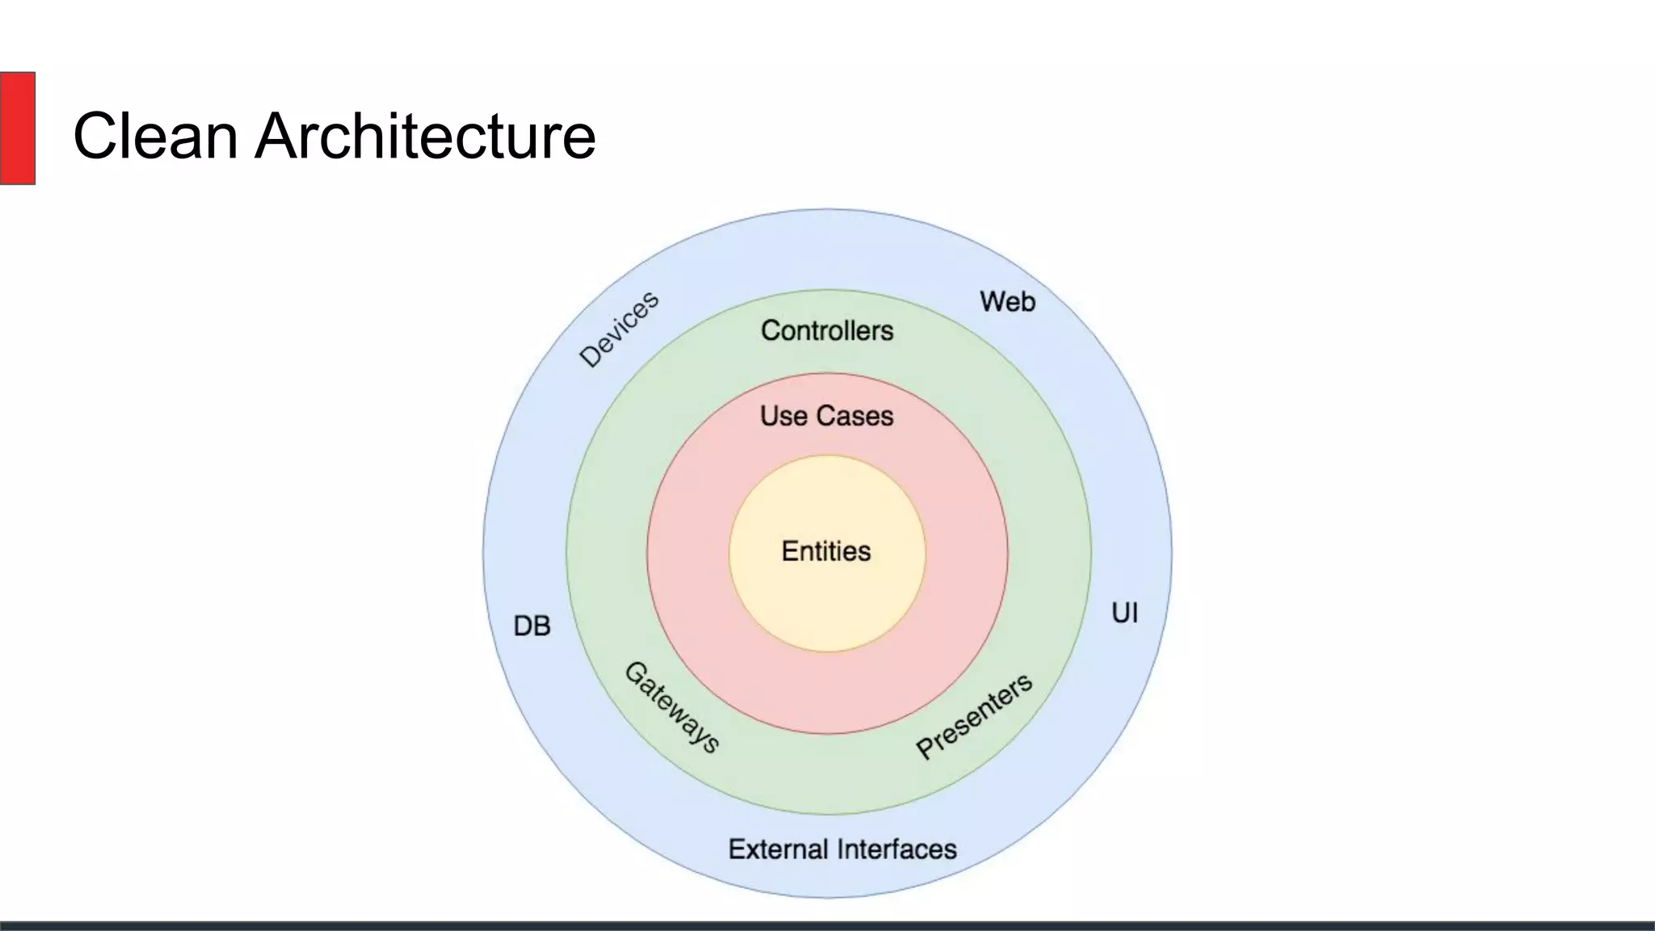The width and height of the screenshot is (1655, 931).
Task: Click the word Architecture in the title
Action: (x=425, y=136)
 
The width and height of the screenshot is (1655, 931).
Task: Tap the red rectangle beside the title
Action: (x=17, y=128)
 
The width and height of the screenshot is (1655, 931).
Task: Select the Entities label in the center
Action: (x=826, y=551)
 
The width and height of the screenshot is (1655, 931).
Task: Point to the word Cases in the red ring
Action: (x=856, y=416)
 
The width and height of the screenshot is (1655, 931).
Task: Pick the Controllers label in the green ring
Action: (x=827, y=331)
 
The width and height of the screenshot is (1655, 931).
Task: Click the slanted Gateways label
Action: (x=672, y=707)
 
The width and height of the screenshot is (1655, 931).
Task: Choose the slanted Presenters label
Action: (x=974, y=716)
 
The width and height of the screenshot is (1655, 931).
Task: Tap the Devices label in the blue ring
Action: (x=620, y=329)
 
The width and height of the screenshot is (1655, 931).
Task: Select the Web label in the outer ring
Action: (x=1008, y=301)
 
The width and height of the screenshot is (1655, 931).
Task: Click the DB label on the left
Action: (x=532, y=626)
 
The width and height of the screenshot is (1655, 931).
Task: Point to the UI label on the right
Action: (x=1125, y=613)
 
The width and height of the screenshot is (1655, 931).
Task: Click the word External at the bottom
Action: (x=778, y=849)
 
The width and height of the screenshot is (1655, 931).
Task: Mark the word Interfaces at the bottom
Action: (x=897, y=849)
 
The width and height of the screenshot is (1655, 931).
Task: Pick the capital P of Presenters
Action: (x=925, y=748)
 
